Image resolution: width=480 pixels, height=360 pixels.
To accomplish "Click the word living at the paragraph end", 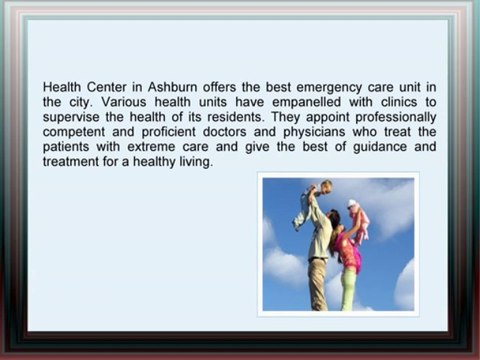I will click(x=195, y=162).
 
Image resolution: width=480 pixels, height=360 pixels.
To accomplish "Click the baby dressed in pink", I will click(x=356, y=220).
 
